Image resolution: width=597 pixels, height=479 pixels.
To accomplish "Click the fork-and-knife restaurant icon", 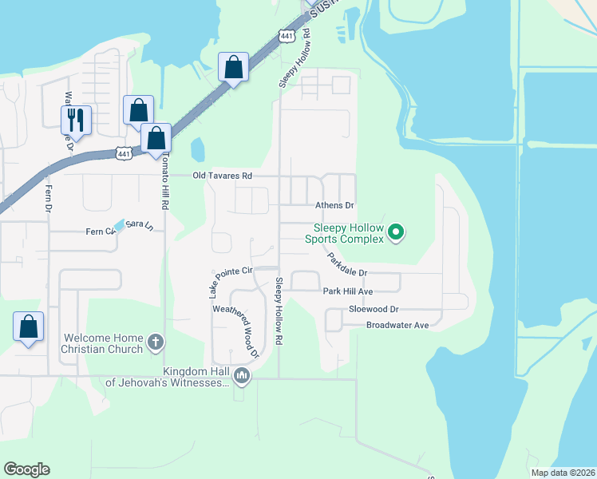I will pyautogui.click(x=77, y=120).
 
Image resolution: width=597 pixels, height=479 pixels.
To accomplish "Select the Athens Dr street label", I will pyautogui.click(x=334, y=205).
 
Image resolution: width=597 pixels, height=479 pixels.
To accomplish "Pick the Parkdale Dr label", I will pyautogui.click(x=346, y=264).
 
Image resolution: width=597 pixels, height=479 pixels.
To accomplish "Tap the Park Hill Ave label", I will pyautogui.click(x=348, y=292).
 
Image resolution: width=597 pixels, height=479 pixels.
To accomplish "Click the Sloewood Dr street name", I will pyautogui.click(x=373, y=309).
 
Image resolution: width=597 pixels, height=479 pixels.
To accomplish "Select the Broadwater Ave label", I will pyautogui.click(x=397, y=325).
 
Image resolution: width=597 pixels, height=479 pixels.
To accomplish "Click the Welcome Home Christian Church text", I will pyautogui.click(x=104, y=342).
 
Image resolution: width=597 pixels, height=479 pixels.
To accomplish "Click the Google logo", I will pyautogui.click(x=27, y=469).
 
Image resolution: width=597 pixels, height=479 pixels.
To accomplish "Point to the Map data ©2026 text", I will pyautogui.click(x=562, y=473).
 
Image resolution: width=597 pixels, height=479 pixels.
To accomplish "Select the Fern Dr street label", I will pyautogui.click(x=49, y=200).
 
